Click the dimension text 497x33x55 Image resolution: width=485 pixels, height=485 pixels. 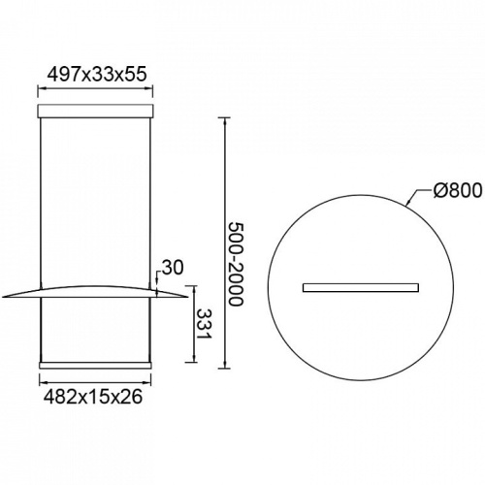(97, 75)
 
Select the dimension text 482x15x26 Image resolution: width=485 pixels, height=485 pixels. (93, 397)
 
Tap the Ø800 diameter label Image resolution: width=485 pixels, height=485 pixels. (457, 190)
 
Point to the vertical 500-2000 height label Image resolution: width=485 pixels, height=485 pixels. (236, 264)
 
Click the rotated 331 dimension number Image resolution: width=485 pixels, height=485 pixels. (204, 323)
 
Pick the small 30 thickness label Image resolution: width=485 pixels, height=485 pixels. (173, 268)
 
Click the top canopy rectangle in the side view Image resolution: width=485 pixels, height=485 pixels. (95, 111)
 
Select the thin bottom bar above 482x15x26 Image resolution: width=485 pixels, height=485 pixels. (95, 366)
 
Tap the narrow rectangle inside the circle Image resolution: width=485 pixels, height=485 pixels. (361, 287)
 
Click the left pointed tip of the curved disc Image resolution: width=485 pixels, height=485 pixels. (3, 297)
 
